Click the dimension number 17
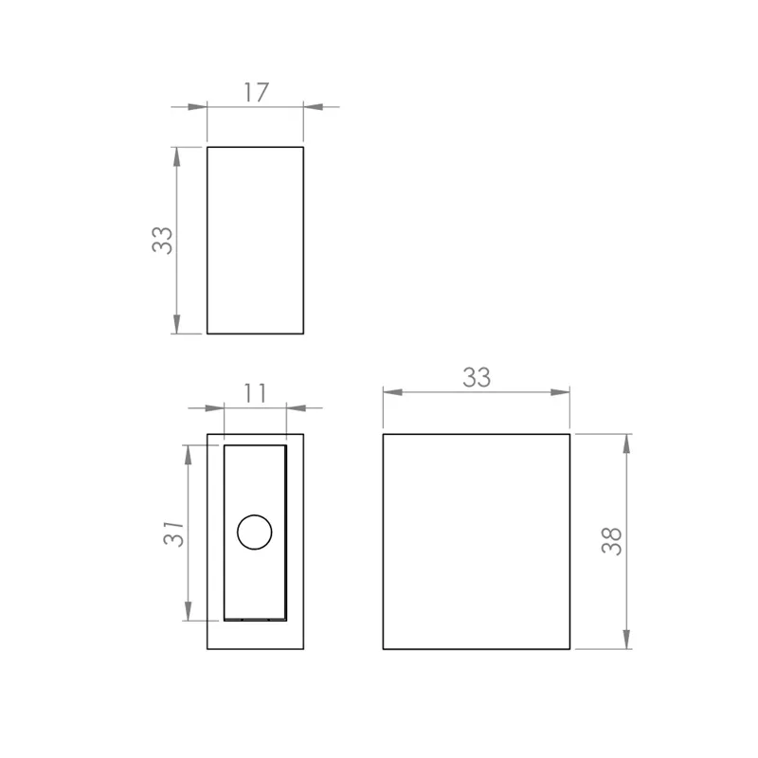pos(256,92)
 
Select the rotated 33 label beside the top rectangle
pos(162,241)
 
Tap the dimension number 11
pos(255,393)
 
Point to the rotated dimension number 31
pos(173,533)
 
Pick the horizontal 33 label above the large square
pos(477,377)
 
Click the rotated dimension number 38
pos(611,541)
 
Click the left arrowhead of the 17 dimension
pos(197,107)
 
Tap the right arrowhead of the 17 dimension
pos(314,107)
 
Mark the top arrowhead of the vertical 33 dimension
pos(176,156)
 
